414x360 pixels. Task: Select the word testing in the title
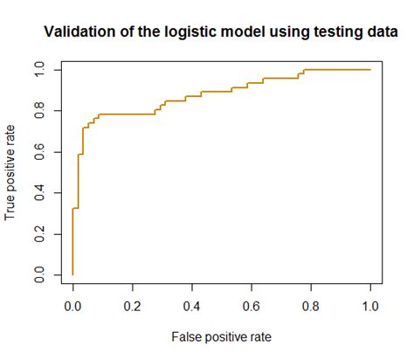click(x=326, y=32)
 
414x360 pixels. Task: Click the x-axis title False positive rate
click(x=222, y=335)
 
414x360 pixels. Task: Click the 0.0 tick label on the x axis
click(x=72, y=307)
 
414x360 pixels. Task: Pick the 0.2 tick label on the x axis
click(x=133, y=307)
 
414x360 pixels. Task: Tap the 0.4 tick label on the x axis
click(x=192, y=307)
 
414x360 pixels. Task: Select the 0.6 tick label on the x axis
click(x=252, y=307)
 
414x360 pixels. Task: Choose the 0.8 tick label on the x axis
click(x=311, y=307)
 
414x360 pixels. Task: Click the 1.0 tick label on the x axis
click(x=370, y=307)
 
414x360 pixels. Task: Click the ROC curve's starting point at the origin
click(x=72, y=275)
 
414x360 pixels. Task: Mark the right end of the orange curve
click(x=370, y=70)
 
